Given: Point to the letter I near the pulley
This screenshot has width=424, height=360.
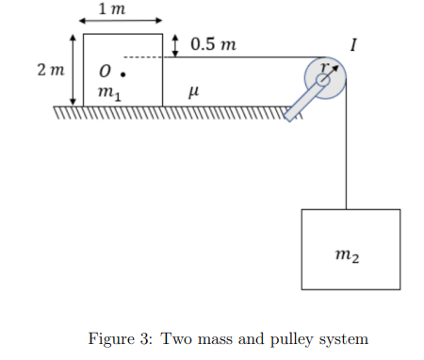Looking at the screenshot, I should pos(352,44).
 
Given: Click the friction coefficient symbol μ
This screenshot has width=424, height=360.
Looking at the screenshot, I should pos(193,91).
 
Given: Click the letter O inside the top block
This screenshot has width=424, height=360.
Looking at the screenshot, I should pos(106,71).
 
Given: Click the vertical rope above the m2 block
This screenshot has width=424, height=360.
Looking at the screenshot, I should pos(347,151).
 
